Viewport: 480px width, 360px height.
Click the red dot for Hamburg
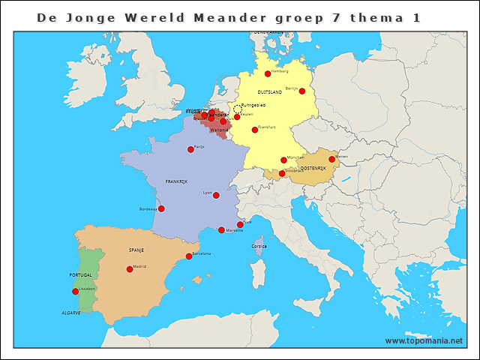[x=268, y=73]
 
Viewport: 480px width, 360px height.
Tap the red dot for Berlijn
[x=302, y=91]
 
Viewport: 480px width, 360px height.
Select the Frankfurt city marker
[x=255, y=130]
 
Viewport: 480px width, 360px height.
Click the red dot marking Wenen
[x=331, y=159]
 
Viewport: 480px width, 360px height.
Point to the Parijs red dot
[x=190, y=149]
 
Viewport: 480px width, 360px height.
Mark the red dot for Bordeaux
[x=161, y=208]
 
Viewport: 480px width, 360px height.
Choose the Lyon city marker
[x=216, y=195]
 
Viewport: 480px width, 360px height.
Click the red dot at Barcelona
[x=189, y=256]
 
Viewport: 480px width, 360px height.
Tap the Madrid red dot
[x=130, y=268]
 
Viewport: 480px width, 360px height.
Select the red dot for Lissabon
[x=75, y=291]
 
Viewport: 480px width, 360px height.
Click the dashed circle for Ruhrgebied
[x=238, y=109]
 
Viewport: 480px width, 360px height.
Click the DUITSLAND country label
[x=270, y=92]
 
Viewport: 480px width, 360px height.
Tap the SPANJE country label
[x=136, y=250]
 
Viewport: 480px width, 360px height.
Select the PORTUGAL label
[x=80, y=275]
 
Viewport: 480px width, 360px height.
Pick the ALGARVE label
[x=71, y=311]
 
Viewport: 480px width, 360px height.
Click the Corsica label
[x=259, y=245]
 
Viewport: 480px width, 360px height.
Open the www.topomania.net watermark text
[x=424, y=340]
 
